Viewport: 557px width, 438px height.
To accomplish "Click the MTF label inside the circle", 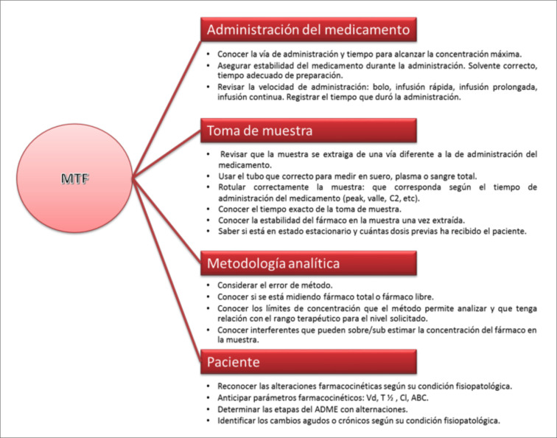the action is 74,178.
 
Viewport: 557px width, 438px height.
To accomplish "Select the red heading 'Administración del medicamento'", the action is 308,29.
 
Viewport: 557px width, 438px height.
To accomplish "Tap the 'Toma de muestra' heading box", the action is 308,131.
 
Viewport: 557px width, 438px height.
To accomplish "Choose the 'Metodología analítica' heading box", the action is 308,263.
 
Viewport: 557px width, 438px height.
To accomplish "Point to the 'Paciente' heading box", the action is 308,362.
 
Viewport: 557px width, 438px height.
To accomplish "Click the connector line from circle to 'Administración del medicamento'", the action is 167,108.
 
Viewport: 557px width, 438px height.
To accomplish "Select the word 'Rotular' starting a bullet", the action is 231,187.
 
